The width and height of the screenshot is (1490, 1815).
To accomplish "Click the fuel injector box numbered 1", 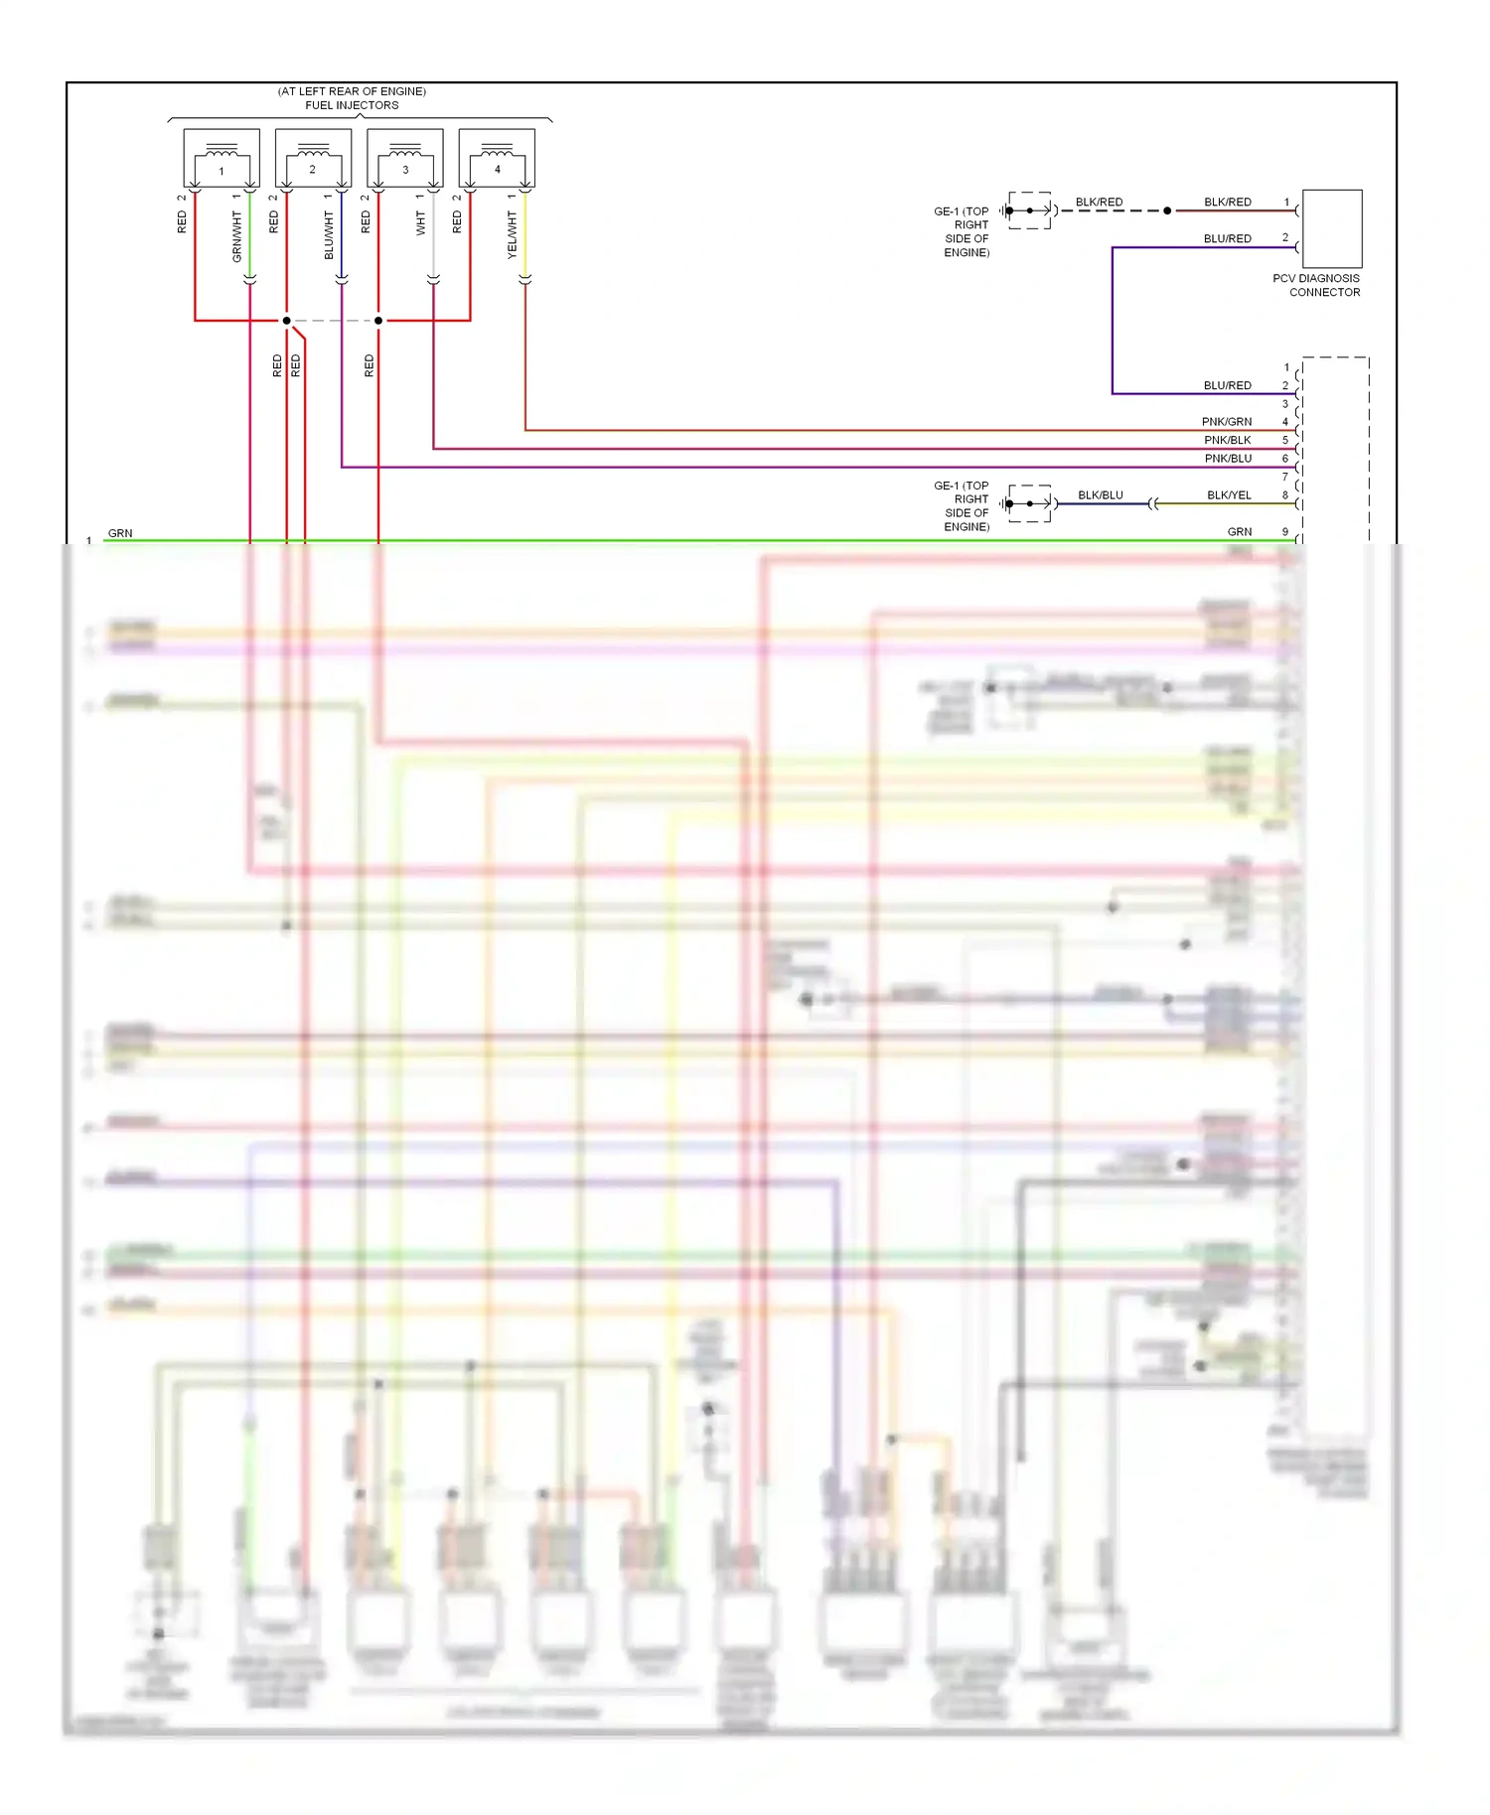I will (222, 158).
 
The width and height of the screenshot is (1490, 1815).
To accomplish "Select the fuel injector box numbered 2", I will (313, 158).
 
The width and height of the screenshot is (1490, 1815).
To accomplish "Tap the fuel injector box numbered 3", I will (405, 158).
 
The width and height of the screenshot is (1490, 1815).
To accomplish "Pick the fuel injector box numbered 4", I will (497, 158).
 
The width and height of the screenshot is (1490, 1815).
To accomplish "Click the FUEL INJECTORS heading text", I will (352, 105).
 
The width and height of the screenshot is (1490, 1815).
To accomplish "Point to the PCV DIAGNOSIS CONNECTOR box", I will (1331, 228).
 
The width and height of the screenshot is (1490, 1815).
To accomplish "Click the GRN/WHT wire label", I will (236, 237).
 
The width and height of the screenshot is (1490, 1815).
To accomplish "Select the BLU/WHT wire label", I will (329, 235).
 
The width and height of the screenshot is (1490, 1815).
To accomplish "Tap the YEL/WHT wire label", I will (513, 235).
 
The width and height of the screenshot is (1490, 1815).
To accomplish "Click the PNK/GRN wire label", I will (1227, 422).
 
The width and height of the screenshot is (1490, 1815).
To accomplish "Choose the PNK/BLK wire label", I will (1228, 440).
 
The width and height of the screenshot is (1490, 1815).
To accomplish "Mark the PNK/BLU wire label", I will (1228, 459).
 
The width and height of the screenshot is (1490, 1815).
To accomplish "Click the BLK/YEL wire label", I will (1229, 495).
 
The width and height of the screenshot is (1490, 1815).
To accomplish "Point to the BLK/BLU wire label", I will (1101, 495).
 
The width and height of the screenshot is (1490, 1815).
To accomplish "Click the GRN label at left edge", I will (120, 533).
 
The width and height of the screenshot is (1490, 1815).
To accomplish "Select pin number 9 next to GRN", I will (1285, 532).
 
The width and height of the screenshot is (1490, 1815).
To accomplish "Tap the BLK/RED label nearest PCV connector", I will (1228, 202).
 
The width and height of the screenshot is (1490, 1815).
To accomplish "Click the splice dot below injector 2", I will (286, 321).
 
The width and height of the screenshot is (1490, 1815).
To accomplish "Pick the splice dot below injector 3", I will (378, 321).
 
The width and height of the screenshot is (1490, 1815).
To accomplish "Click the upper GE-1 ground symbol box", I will (1030, 210).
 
